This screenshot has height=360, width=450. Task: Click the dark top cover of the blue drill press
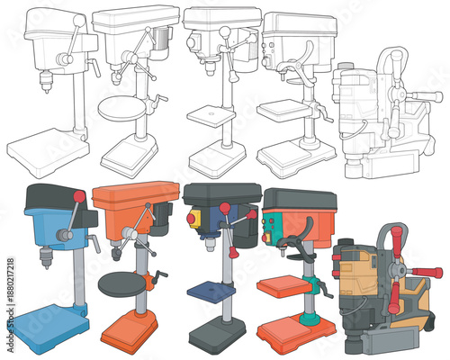(54, 196)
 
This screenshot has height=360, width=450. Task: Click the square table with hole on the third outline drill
(211, 117)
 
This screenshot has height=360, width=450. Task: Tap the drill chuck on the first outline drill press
(43, 83)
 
